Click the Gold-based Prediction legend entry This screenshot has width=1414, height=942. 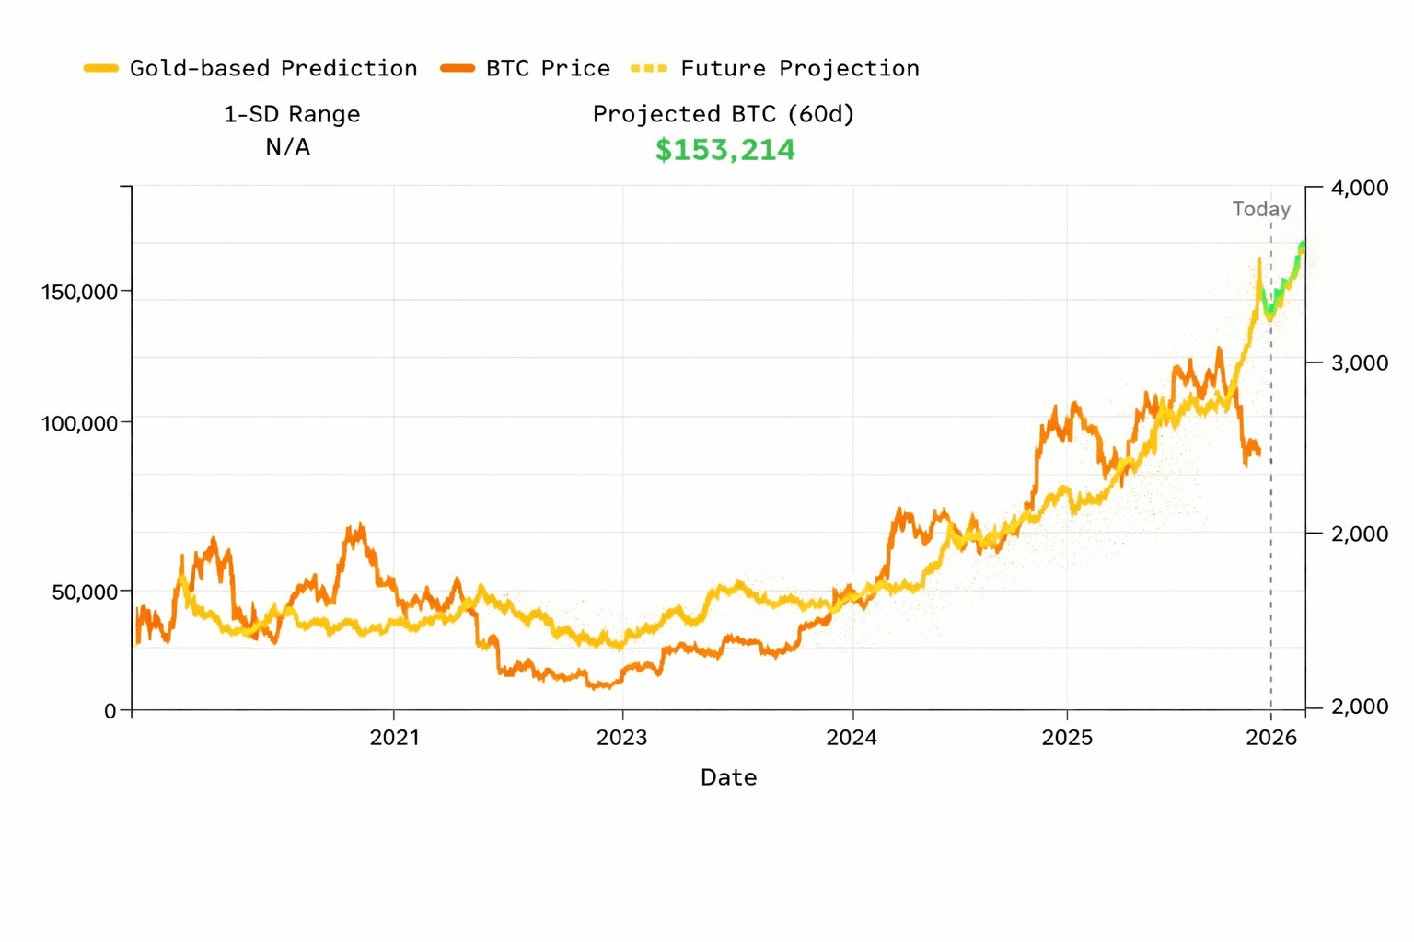tap(272, 68)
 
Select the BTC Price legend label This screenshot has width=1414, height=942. tap(548, 68)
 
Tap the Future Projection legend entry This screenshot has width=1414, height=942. tap(799, 68)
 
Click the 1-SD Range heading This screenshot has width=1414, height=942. tap(292, 114)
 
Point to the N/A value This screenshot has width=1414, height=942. tap(287, 147)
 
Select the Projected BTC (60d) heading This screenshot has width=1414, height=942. tap(724, 114)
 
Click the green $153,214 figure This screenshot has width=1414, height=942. tap(724, 150)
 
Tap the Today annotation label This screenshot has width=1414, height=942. tap(1261, 210)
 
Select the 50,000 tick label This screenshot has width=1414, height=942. tap(85, 592)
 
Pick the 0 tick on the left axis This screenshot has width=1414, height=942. tap(110, 711)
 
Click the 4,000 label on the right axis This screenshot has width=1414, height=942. tap(1360, 189)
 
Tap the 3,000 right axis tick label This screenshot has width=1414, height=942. tap(1360, 362)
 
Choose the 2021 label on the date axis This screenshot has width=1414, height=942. tap(394, 738)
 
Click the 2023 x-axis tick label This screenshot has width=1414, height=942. tap(622, 738)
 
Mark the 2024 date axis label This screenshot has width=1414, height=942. tap(852, 738)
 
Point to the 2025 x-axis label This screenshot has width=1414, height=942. tap(1067, 738)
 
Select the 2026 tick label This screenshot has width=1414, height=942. tap(1271, 738)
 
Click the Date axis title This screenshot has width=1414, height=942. tap(728, 778)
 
